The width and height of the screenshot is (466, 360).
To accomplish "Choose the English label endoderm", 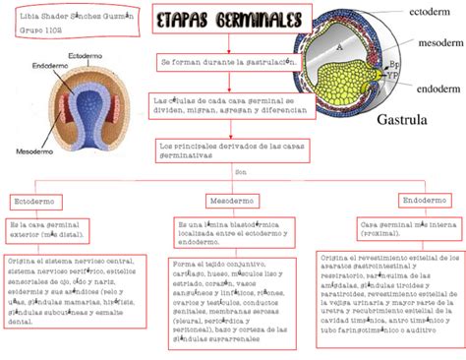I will (x=437, y=88).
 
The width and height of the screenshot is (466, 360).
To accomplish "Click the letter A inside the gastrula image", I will (x=339, y=46).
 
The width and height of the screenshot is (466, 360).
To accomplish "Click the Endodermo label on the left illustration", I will (x=49, y=67).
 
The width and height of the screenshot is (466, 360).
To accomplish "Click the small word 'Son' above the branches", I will (x=241, y=171).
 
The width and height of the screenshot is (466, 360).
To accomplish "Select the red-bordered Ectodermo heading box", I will (x=33, y=200).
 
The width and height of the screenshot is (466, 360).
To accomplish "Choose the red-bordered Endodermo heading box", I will (x=420, y=200).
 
